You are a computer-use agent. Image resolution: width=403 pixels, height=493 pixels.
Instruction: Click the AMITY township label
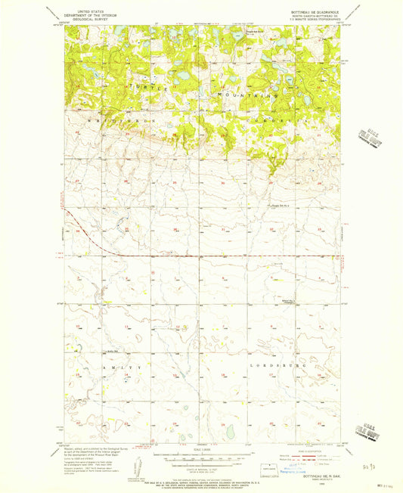coord(107,367)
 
